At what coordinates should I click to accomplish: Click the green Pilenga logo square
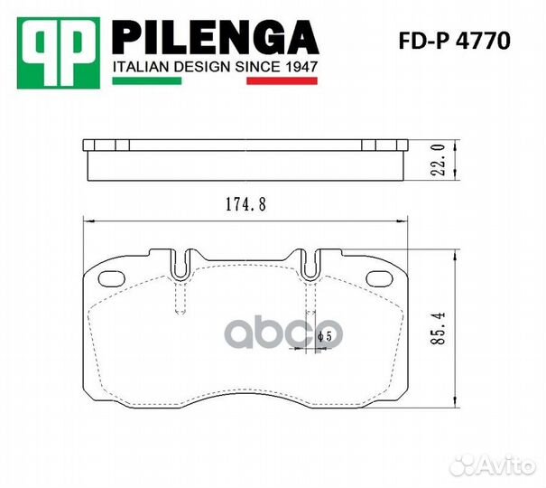pyautogui.click(x=59, y=53)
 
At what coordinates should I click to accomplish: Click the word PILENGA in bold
pyautogui.click(x=215, y=38)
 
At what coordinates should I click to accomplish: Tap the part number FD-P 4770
pyautogui.click(x=455, y=41)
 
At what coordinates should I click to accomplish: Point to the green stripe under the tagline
pyautogui.click(x=146, y=80)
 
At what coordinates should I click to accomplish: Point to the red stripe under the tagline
pyautogui.click(x=282, y=80)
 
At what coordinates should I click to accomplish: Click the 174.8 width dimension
pyautogui.click(x=245, y=204)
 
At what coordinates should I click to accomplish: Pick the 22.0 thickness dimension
pyautogui.click(x=440, y=160)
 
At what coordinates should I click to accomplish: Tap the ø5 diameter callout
pyautogui.click(x=325, y=336)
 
